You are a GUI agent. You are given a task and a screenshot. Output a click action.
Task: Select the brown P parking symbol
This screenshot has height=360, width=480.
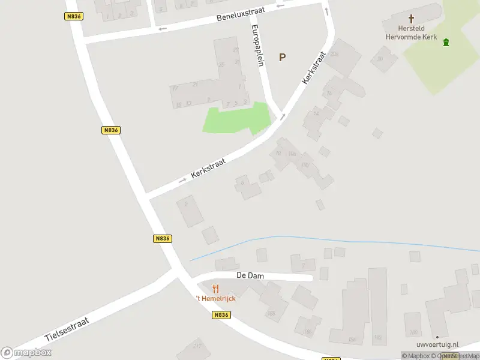(x=282, y=58)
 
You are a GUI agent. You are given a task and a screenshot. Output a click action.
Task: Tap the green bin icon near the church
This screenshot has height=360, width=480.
(x=446, y=42)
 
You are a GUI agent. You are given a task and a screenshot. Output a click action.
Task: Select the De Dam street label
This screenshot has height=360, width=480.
(x=250, y=276)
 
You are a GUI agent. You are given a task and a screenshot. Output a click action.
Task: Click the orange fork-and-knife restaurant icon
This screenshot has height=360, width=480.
(x=215, y=289)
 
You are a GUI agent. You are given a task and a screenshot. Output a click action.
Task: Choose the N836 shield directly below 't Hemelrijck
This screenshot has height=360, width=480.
(x=221, y=315)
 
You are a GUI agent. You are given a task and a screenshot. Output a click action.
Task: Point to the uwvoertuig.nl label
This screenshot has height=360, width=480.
(x=437, y=345)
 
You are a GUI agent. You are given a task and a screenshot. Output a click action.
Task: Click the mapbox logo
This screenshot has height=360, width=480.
(x=26, y=352)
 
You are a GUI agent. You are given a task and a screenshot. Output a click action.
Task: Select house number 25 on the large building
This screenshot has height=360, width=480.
(x=221, y=65)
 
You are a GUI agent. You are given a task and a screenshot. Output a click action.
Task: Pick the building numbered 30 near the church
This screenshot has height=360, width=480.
(x=379, y=59)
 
